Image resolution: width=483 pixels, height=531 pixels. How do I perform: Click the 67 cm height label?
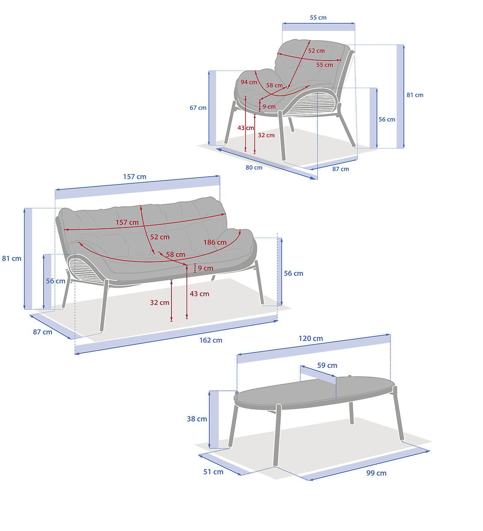pos(198,108)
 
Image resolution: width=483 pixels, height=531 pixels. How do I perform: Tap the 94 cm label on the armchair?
pos(249,82)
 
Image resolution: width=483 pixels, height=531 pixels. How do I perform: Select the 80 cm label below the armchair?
pos(254,168)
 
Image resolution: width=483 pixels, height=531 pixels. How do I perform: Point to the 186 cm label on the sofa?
pos(215,242)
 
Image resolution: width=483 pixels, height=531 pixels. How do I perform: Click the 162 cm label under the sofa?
pos(210,340)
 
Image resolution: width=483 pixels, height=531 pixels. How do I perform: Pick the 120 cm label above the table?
pos(311,339)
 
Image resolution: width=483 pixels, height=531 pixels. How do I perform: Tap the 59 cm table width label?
pos(327,366)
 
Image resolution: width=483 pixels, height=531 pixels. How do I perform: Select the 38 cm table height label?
pos(197,419)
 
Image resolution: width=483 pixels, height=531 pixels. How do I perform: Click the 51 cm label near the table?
pos(213,472)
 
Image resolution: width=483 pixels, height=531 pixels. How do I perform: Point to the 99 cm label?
pos(376,473)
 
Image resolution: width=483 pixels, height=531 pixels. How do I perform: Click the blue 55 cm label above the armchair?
pos(318,17)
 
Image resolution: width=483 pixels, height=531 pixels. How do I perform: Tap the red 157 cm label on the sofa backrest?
pos(127,222)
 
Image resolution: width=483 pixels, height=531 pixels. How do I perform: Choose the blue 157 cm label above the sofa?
pos(135,177)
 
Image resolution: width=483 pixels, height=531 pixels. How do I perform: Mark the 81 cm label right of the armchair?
pos(415,95)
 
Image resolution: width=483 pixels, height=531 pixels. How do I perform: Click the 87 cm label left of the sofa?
pos(42,332)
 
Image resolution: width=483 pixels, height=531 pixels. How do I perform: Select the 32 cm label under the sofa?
pos(160,303)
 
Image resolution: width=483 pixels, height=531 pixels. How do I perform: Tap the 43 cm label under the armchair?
pos(246,128)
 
